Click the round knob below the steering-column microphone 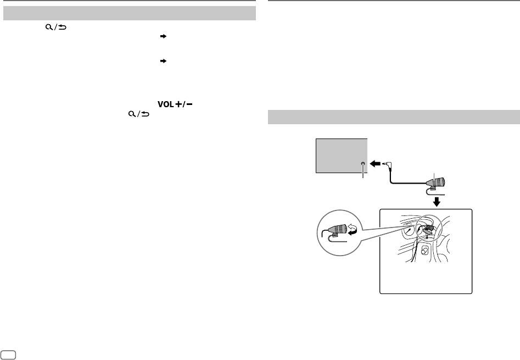424,250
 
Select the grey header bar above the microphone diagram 393,117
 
